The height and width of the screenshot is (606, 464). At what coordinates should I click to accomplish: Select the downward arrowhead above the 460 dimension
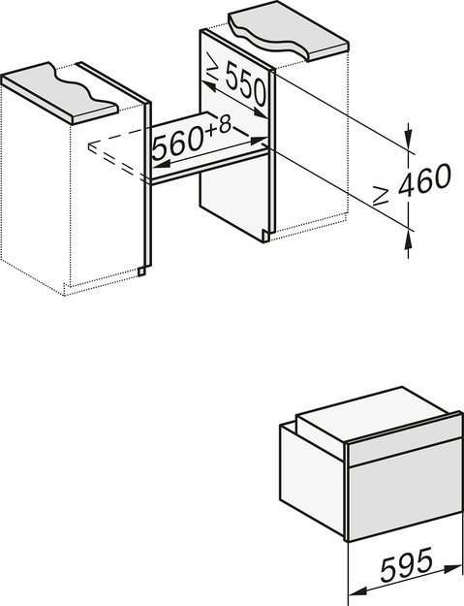point(408,136)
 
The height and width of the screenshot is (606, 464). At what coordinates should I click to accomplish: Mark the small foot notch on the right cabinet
point(266,236)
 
